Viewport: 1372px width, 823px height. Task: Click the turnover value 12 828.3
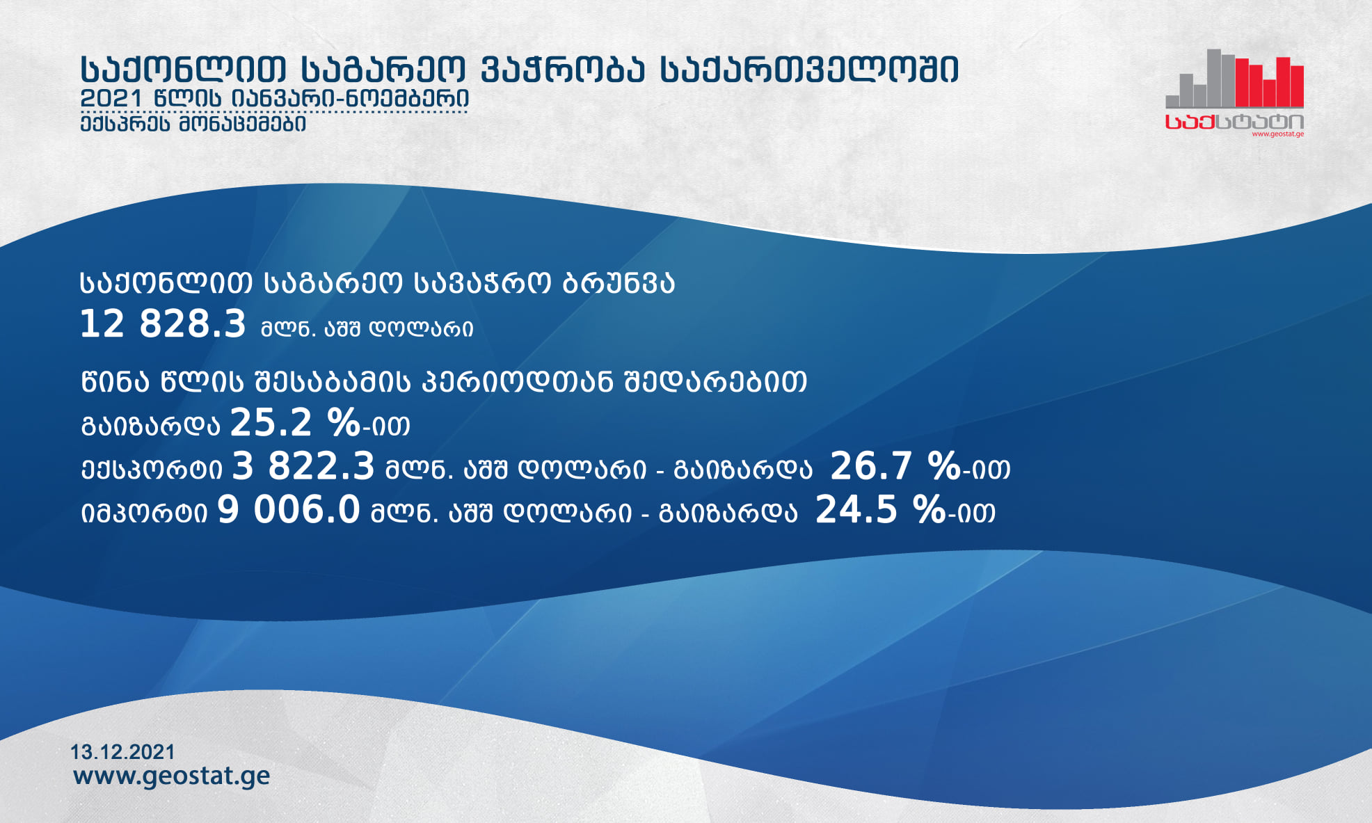[x=163, y=324]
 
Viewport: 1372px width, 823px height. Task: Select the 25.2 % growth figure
[x=295, y=422]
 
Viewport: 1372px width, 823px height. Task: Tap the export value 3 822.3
[x=303, y=466]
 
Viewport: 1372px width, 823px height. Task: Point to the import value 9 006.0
[x=289, y=509]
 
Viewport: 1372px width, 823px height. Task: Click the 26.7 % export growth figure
[x=895, y=466]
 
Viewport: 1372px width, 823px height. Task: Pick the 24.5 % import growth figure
[x=880, y=509]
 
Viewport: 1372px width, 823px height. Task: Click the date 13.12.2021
[x=122, y=752]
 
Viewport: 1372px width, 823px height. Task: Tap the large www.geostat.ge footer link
[x=171, y=776]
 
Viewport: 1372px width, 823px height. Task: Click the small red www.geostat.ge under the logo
[x=1278, y=134]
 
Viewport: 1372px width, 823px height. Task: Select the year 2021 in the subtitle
[x=111, y=98]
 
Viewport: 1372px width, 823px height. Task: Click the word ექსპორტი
[x=152, y=469]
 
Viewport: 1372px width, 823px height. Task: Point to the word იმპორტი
[x=144, y=513]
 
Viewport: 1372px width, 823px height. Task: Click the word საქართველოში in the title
[x=809, y=69]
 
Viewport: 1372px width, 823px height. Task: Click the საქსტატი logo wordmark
[x=1235, y=122]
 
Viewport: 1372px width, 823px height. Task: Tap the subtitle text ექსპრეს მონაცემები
[x=193, y=124]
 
